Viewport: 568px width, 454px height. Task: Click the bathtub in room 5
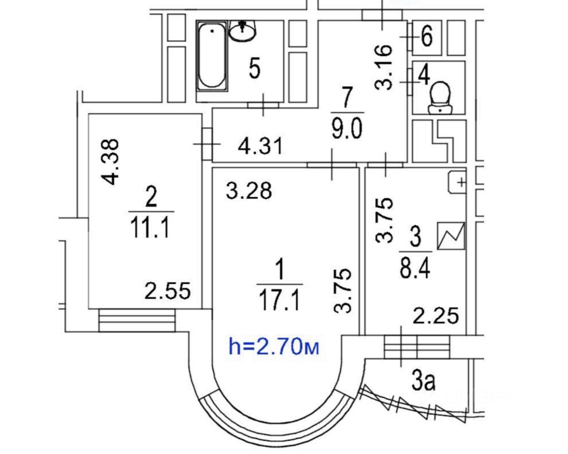[212, 57]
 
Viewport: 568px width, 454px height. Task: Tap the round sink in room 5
[242, 30]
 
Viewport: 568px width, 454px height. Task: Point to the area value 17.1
[279, 299]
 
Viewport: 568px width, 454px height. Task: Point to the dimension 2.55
[168, 291]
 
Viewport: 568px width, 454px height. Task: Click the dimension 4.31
[260, 145]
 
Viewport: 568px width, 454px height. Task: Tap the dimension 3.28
[248, 191]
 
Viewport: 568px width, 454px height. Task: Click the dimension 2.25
[435, 316]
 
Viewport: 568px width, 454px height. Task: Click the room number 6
[426, 36]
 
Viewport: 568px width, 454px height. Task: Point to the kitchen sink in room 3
[457, 182]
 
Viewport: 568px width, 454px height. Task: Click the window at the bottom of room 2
[137, 320]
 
